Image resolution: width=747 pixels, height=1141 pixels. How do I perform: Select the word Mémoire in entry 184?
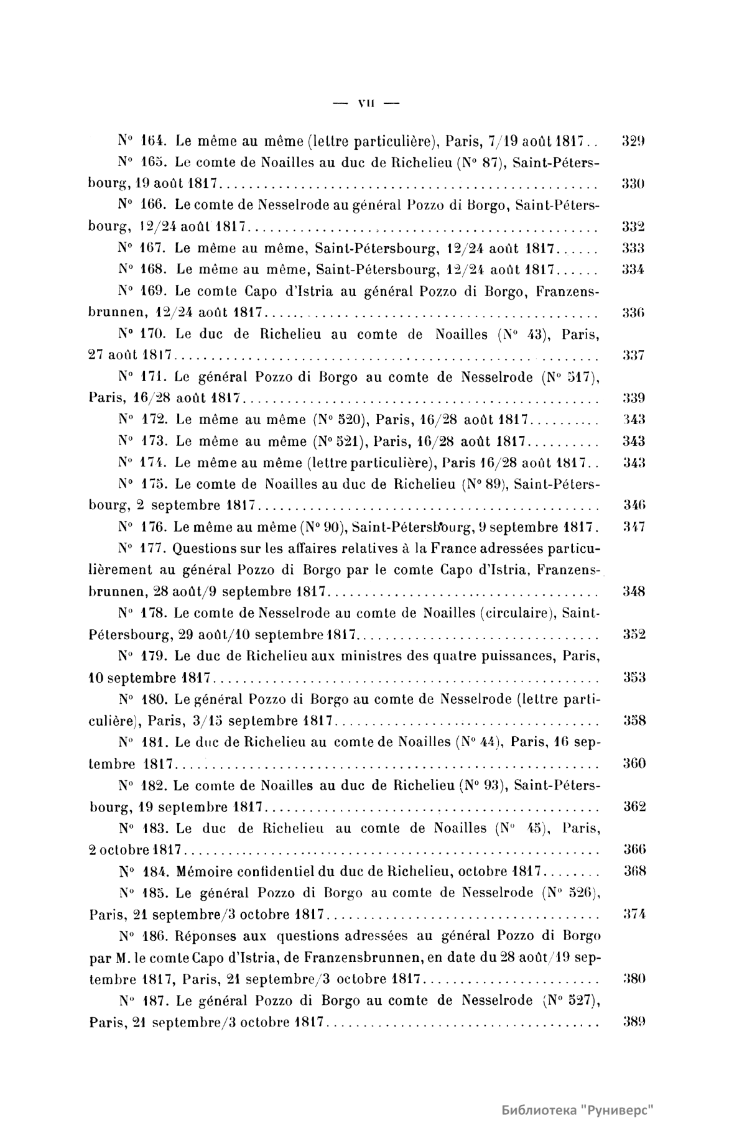tap(203, 872)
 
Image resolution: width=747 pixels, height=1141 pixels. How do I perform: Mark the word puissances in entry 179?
tap(522, 656)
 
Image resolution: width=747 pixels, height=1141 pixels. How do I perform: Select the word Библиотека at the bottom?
tap(540, 1111)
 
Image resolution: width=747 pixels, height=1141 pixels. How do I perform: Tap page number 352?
tap(634, 635)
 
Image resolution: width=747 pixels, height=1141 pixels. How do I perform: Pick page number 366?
tap(634, 850)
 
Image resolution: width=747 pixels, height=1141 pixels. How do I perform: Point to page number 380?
tap(634, 979)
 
